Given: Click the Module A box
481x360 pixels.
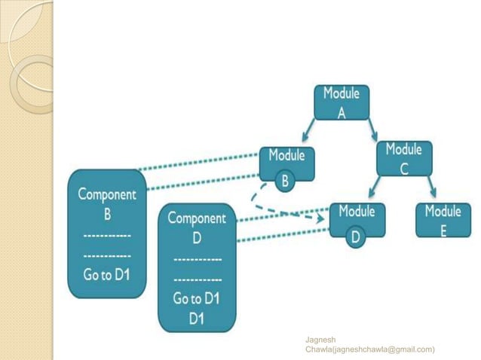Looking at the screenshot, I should (x=341, y=102).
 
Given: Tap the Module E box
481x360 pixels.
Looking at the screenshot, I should (x=443, y=220).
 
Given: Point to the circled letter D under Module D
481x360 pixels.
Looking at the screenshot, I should (x=356, y=238).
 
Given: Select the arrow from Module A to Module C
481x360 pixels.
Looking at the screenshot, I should (x=372, y=129).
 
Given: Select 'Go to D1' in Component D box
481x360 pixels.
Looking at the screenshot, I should (x=196, y=298).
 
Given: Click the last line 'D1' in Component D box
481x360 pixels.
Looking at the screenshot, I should (x=196, y=319).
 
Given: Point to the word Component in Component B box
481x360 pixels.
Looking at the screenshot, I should (x=107, y=194).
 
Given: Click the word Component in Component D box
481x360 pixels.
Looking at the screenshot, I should (x=196, y=218).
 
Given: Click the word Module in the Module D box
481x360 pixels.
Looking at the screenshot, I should (x=357, y=212).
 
